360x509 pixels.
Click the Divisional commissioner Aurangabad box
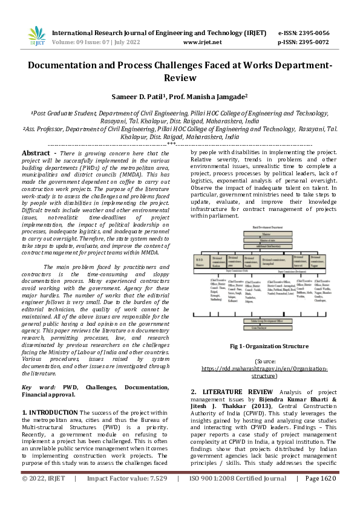tap(267, 261)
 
